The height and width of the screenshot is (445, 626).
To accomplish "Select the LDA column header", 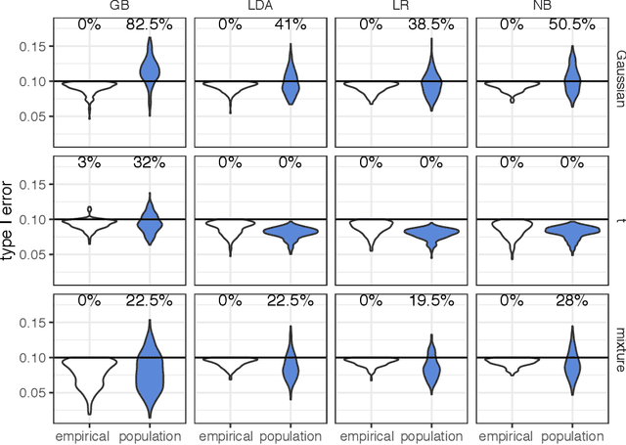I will [259, 6].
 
